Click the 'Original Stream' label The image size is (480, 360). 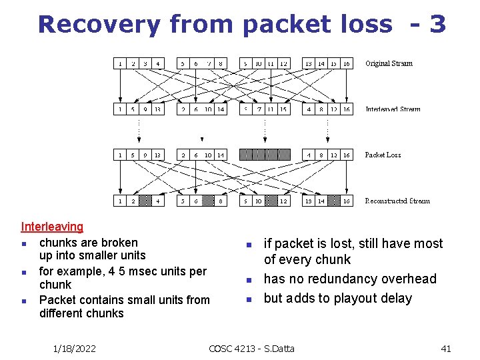coord(389,64)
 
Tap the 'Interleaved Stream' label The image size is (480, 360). coord(393,109)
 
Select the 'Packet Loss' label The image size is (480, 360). coord(383,155)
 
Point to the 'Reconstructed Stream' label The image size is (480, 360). coord(397,201)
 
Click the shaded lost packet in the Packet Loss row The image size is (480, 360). coord(265,155)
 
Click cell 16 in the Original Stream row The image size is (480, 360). coord(347,64)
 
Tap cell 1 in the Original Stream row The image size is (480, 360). coord(119,64)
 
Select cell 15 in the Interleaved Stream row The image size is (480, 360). coord(283,109)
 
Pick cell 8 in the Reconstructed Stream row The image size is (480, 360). coord(221,201)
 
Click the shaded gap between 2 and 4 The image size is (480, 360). coord(145,201)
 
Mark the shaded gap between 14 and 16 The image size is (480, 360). coord(334,201)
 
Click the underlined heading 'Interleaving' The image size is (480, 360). coord(52,227)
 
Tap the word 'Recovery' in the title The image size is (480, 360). coord(99,24)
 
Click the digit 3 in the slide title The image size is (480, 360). coord(437,24)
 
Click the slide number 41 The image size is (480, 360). coord(446,348)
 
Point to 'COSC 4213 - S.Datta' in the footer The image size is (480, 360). coord(251,348)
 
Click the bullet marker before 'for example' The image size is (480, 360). coord(24,272)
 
